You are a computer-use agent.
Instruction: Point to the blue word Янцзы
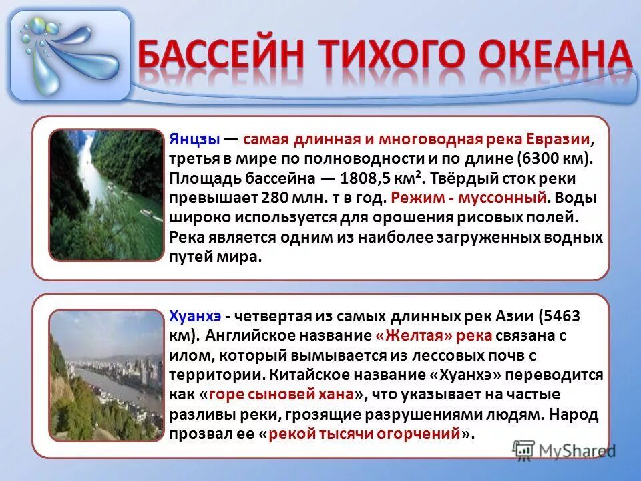click(x=194, y=140)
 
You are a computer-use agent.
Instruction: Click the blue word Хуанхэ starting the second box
click(x=195, y=316)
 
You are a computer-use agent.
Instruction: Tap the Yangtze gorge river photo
click(x=106, y=194)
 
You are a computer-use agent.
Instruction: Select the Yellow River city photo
click(x=106, y=374)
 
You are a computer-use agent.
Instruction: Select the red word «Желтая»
click(x=408, y=335)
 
